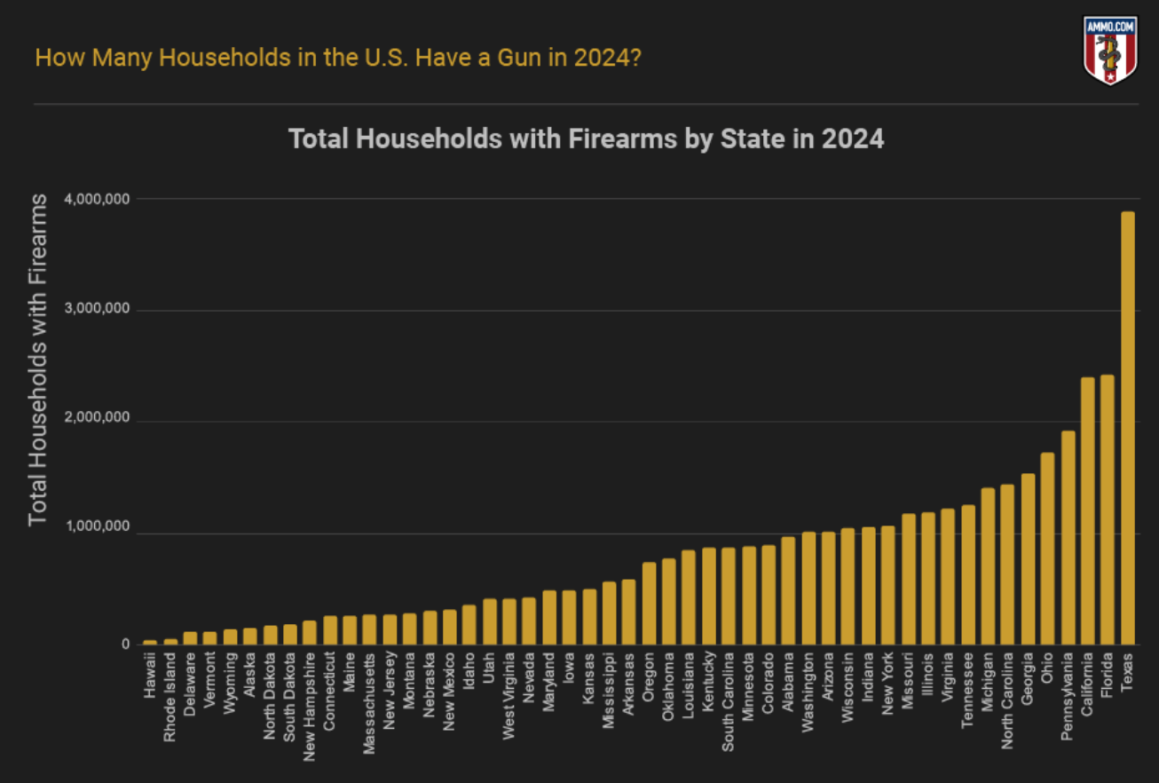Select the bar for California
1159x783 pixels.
1087,510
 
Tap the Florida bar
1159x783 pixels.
1108,510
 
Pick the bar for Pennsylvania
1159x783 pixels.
1068,537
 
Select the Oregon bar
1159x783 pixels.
649,603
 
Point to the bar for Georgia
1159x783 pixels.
1028,558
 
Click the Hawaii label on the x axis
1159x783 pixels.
150,676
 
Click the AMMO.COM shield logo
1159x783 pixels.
1110,50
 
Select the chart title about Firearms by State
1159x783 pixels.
587,139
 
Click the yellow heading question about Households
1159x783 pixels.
338,59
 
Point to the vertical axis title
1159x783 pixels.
37,359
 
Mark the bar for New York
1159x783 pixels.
888,585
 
